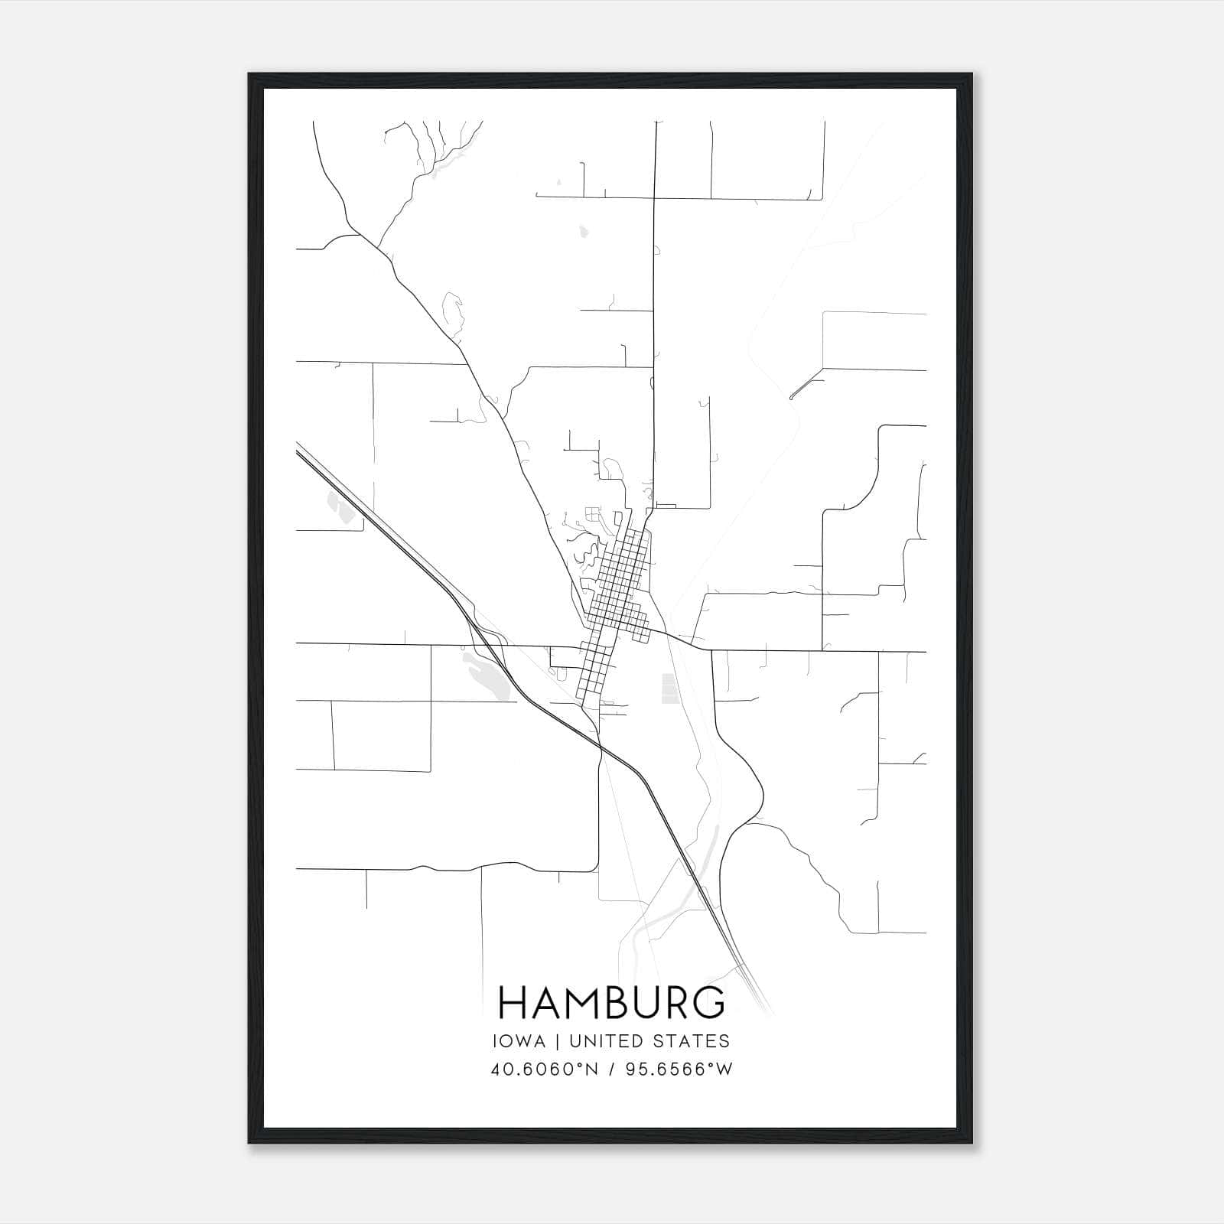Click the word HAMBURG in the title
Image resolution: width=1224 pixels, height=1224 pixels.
611,1003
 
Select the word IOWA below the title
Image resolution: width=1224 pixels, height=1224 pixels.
519,1041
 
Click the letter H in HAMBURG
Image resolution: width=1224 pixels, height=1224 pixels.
512,1003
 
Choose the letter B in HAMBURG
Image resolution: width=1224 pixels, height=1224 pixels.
618,1003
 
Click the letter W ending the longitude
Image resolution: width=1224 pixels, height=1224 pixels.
725,1069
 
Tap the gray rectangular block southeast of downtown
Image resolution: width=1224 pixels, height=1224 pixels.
669,688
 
